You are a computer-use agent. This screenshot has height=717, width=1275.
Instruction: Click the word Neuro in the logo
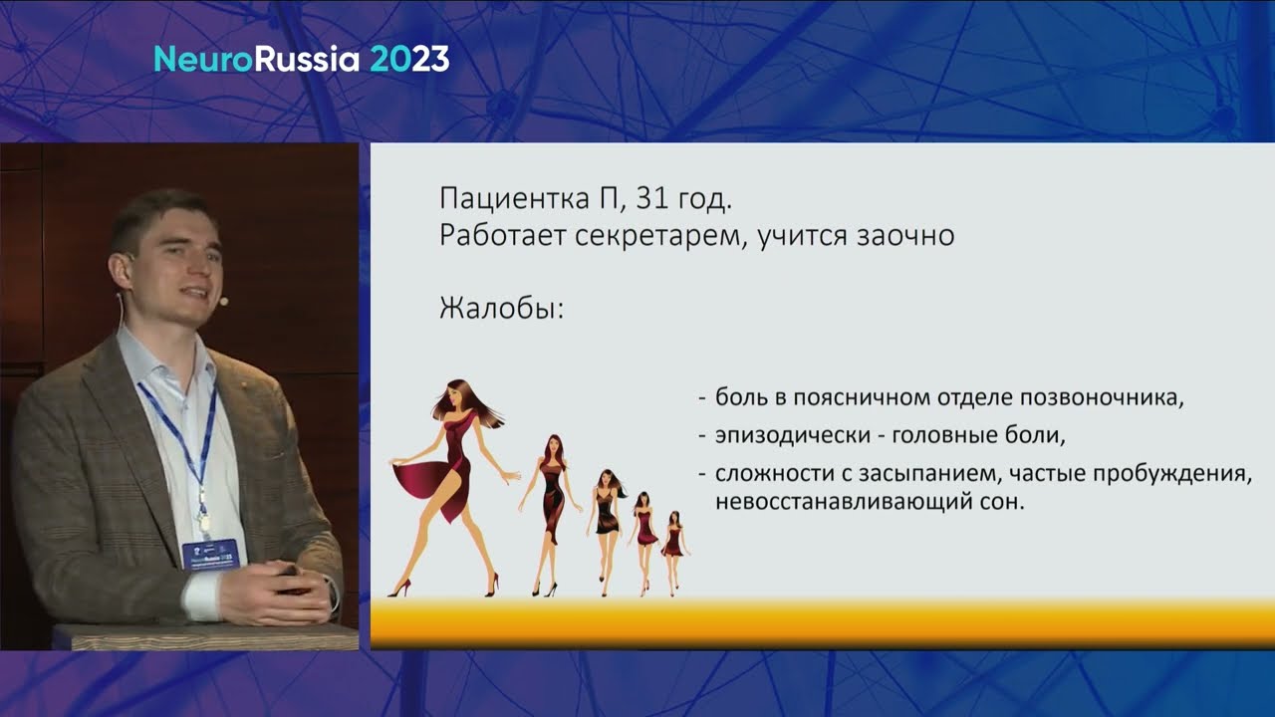203,59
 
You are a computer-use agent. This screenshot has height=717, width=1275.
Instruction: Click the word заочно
905,236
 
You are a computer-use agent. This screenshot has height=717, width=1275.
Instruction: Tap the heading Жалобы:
501,309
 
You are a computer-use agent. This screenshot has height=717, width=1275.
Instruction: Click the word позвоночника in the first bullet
1102,397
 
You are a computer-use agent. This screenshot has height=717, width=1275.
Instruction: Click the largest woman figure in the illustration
452,487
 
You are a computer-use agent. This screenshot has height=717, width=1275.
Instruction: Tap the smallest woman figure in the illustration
674,552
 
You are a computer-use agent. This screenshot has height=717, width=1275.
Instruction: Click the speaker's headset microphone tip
224,300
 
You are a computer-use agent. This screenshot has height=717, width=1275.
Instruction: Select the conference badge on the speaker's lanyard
210,553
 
